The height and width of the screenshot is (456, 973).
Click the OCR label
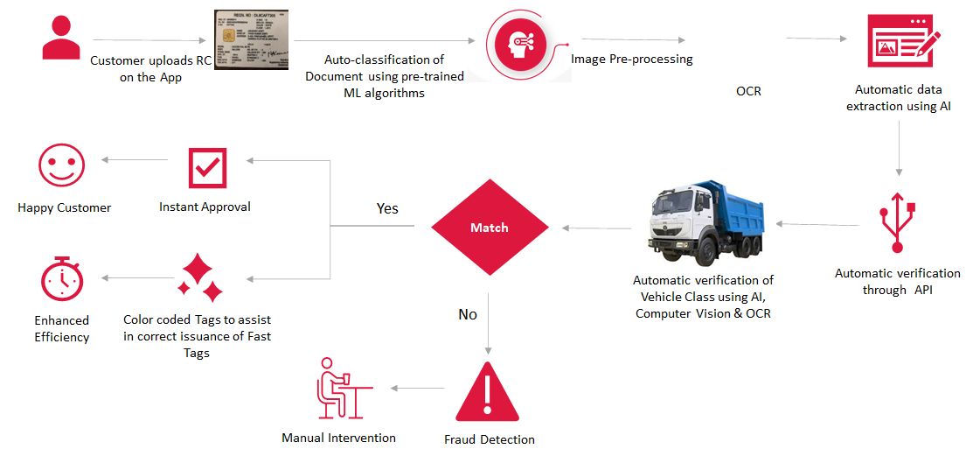(748, 90)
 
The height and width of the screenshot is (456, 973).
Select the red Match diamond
(490, 228)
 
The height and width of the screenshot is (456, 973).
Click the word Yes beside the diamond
(387, 208)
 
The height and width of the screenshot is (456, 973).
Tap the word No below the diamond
(468, 314)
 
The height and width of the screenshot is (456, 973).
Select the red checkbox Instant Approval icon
(207, 167)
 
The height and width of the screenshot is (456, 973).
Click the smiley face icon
(62, 166)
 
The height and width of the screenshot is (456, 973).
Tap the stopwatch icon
(62, 279)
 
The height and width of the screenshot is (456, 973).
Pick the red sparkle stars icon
(200, 278)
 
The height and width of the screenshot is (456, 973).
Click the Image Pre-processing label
(631, 60)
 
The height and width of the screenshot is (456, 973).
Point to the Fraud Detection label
(489, 439)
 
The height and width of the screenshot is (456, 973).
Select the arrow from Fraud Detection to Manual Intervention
(417, 388)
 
